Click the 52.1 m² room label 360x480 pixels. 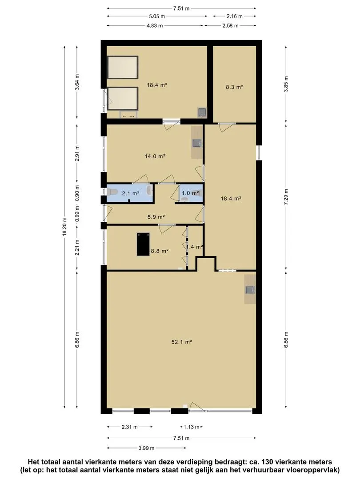point(181,342)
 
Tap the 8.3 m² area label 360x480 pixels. point(235,87)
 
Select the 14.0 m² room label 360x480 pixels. point(155,156)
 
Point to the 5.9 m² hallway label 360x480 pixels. point(156,217)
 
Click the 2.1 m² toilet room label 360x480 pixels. point(131,193)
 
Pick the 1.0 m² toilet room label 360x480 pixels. point(190,193)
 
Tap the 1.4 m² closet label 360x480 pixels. point(195,247)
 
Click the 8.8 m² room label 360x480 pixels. point(160,251)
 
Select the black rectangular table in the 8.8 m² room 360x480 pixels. point(143,244)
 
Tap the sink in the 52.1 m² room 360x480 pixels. point(250,290)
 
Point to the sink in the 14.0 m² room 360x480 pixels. point(197,143)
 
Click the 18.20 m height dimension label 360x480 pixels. point(64,227)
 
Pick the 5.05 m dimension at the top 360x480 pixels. point(157,16)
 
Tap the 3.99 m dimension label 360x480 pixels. point(146,448)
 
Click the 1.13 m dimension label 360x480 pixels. point(191,427)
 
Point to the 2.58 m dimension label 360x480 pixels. point(230,26)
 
